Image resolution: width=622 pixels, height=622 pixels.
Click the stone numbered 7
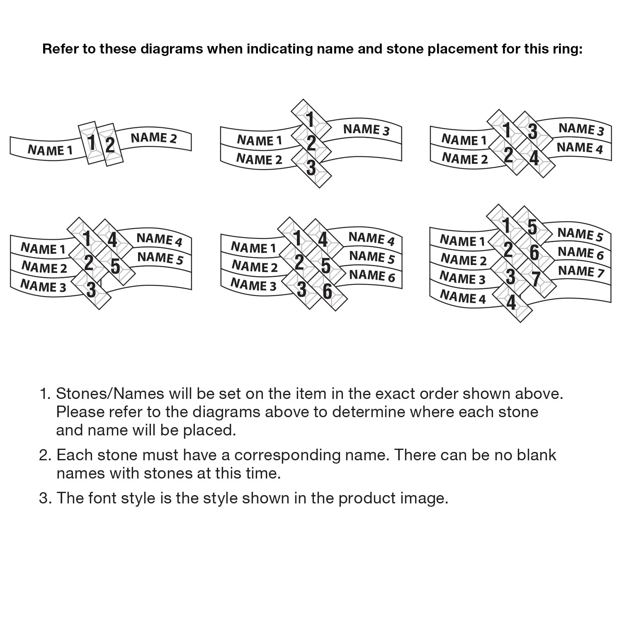(536, 279)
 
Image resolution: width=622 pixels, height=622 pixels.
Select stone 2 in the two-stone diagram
(110, 145)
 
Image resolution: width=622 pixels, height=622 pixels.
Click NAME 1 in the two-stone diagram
(50, 150)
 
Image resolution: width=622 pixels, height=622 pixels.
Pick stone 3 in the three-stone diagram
(311, 168)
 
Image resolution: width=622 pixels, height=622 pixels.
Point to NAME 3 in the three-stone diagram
(367, 129)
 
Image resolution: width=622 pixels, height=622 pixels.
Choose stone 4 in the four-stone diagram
(534, 158)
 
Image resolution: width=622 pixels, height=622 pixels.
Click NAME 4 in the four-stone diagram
(580, 148)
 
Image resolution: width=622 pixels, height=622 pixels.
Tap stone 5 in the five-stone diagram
(115, 266)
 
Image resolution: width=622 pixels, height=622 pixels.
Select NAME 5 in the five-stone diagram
(160, 258)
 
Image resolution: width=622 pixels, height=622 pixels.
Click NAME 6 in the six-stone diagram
(372, 275)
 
